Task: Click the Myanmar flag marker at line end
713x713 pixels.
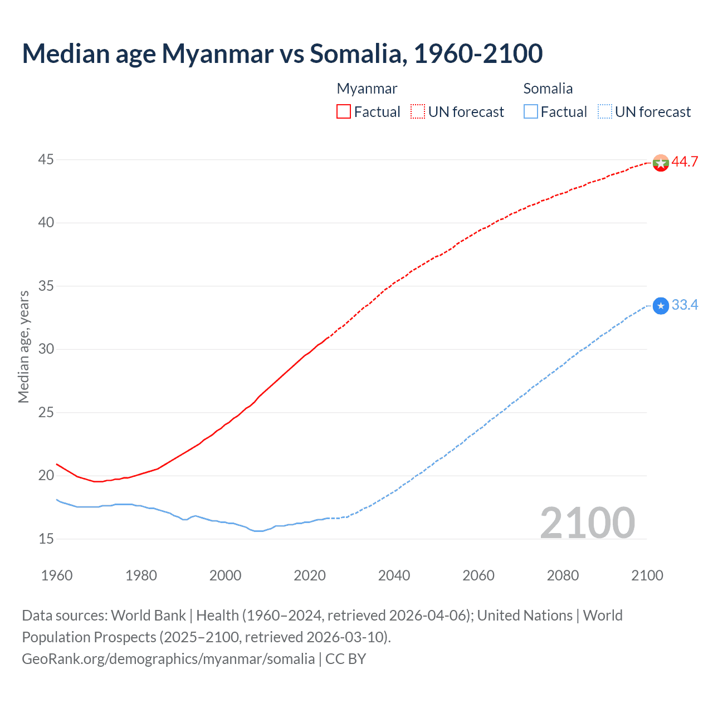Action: tap(660, 163)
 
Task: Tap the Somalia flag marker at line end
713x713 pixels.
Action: tap(660, 306)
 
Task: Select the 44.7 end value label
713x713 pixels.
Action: tap(685, 162)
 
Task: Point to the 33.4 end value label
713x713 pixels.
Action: tap(685, 305)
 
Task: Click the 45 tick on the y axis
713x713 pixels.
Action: tap(46, 160)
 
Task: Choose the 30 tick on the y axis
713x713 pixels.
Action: tap(46, 349)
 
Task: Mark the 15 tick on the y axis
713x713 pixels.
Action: tap(46, 539)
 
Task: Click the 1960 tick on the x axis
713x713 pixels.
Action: tap(57, 575)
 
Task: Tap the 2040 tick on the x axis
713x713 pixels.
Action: tap(394, 575)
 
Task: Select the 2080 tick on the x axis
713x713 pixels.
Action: tap(563, 575)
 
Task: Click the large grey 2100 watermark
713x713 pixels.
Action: tap(587, 523)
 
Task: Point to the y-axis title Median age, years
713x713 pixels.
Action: tap(23, 346)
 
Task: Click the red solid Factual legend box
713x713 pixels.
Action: tap(344, 112)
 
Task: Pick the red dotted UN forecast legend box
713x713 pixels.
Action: tap(418, 112)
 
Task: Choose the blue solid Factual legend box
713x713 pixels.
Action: tap(531, 112)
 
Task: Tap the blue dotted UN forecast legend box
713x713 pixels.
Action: tap(604, 112)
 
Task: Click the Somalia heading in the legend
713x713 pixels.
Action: tap(548, 89)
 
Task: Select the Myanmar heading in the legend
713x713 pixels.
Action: tap(367, 89)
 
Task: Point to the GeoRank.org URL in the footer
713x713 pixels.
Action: tap(168, 659)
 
